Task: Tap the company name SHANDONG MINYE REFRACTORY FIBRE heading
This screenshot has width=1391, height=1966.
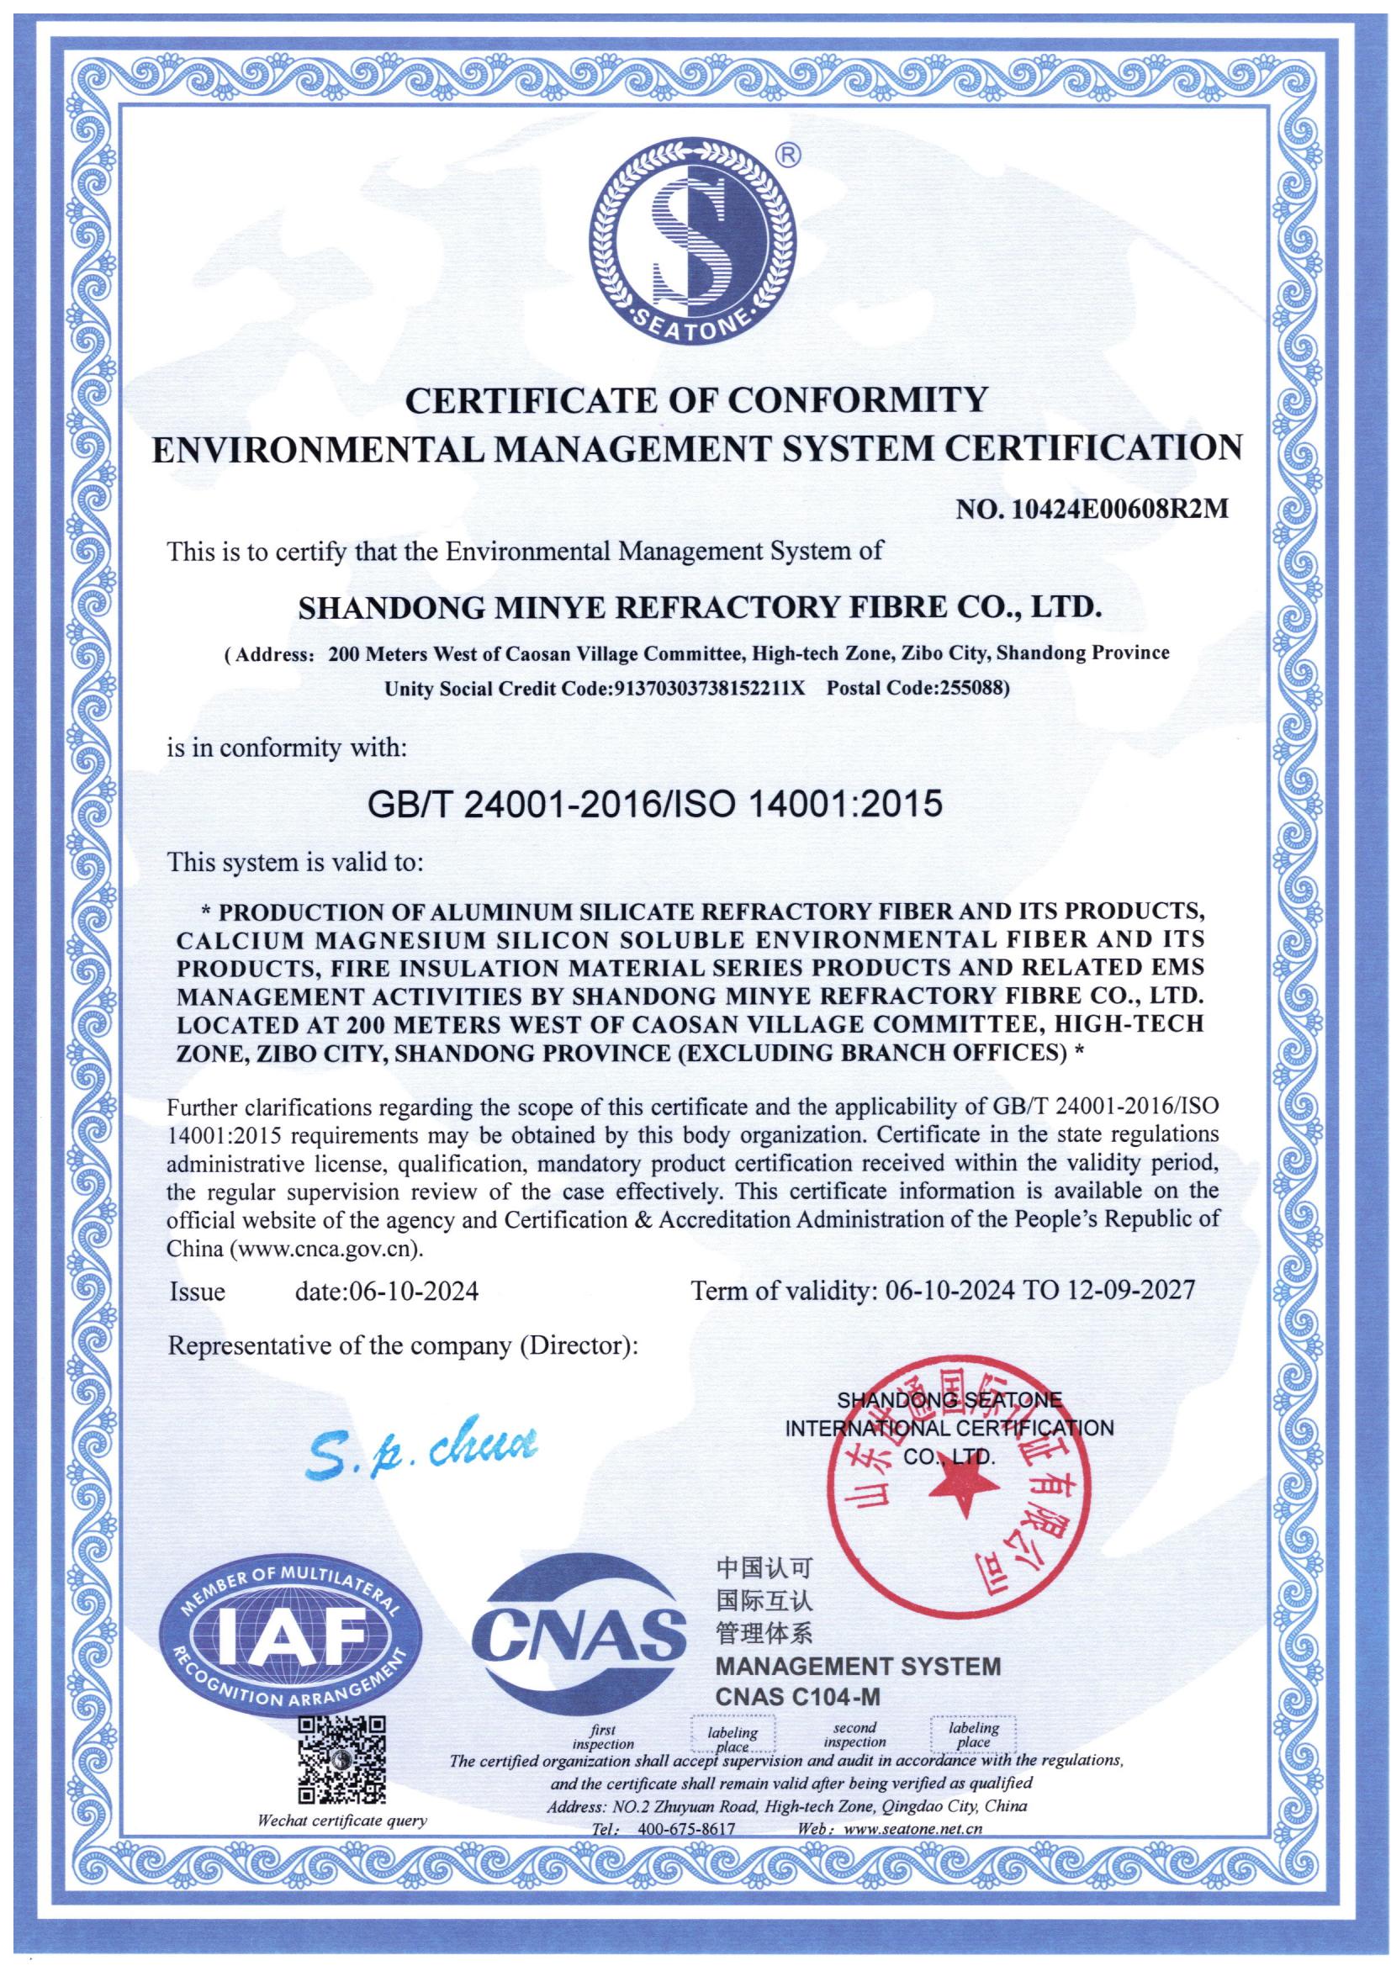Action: (695, 607)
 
